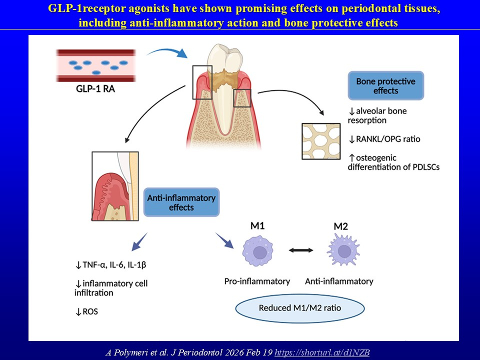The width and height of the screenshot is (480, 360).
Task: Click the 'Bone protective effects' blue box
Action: point(385,85)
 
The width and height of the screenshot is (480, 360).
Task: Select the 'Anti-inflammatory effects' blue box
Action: point(181,202)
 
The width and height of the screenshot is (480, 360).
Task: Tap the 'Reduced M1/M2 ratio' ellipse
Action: point(300,308)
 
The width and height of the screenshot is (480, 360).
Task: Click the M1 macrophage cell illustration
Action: point(258,250)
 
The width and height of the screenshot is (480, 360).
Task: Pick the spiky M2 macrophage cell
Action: point(343,250)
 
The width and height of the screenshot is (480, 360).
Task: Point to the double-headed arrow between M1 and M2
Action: point(301,250)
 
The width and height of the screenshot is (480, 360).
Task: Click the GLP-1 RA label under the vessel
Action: point(95,89)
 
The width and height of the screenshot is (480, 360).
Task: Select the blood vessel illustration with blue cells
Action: point(96,65)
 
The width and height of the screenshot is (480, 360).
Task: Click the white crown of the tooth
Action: point(224,57)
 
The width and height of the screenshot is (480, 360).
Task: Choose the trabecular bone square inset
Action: point(321,141)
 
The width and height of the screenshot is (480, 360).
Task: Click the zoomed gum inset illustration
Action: point(115,186)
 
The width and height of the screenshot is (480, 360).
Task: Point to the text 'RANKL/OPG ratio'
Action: point(388,139)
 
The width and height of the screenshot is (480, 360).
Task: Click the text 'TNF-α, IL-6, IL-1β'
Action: point(114,265)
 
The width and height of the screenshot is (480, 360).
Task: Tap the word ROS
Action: point(90,311)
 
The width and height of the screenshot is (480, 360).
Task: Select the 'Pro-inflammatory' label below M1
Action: point(257,281)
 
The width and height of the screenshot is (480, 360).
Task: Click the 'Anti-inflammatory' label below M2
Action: point(339,281)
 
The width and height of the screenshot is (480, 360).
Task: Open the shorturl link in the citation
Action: point(322,352)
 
